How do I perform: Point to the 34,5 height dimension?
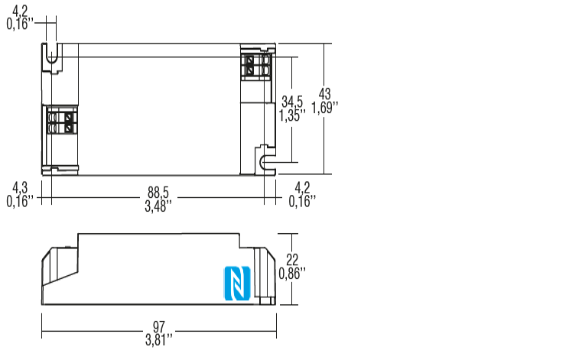[x=292, y=102]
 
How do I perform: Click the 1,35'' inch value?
[x=292, y=115]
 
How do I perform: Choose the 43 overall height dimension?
[x=325, y=94]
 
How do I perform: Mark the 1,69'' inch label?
[x=325, y=108]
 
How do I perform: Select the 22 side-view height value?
[x=291, y=258]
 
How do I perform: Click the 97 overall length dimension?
[x=158, y=326]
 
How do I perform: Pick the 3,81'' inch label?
[x=158, y=339]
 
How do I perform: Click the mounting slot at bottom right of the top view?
[x=265, y=161]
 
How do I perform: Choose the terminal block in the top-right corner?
[x=258, y=65]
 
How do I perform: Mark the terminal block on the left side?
[x=61, y=121]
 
